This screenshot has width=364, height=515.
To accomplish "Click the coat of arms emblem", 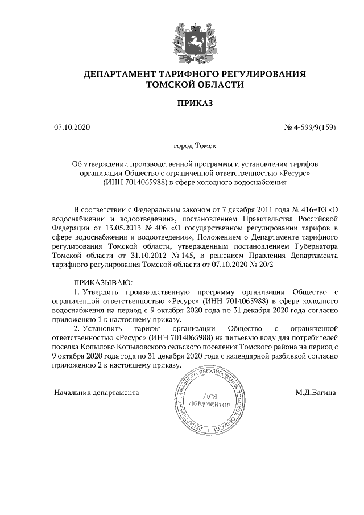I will (x=181, y=36).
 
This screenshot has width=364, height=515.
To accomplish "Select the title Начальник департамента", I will (x=97, y=393).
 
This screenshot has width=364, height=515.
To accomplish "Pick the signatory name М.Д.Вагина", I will (x=315, y=393).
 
